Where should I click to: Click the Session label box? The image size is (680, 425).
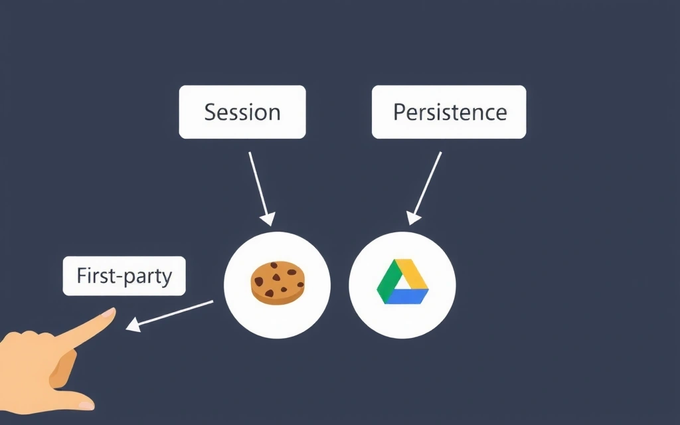click(x=242, y=112)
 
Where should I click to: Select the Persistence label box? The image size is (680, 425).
click(x=449, y=112)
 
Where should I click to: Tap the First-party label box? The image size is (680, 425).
click(x=124, y=276)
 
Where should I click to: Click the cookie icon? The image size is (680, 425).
click(x=278, y=284)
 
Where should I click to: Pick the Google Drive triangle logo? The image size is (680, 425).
click(x=402, y=282)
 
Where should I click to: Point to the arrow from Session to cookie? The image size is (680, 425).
click(x=260, y=186)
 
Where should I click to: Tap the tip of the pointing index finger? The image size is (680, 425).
click(x=110, y=311)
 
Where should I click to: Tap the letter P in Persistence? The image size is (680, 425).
click(x=399, y=112)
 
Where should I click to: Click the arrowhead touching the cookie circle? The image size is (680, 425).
click(x=268, y=218)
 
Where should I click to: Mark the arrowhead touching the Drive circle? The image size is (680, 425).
click(x=414, y=217)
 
